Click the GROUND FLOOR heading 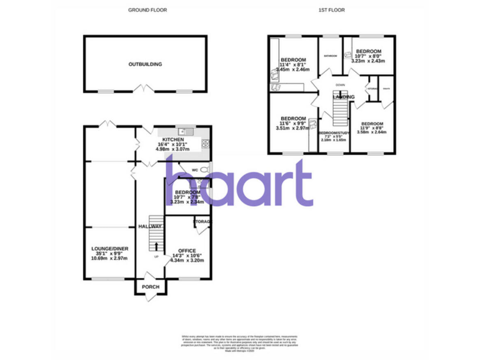click(147, 10)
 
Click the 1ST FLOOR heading click(331, 10)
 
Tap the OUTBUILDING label click(145, 64)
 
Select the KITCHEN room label click(173, 139)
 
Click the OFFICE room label click(187, 250)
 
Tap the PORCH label click(151, 287)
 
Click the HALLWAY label click(151, 226)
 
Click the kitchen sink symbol click(186, 131)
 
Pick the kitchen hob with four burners click(205, 144)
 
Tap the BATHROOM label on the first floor click(330, 56)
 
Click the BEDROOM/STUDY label click(333, 134)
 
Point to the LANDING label click(344, 97)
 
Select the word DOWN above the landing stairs click(340, 84)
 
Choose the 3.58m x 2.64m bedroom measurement click(372, 132)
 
